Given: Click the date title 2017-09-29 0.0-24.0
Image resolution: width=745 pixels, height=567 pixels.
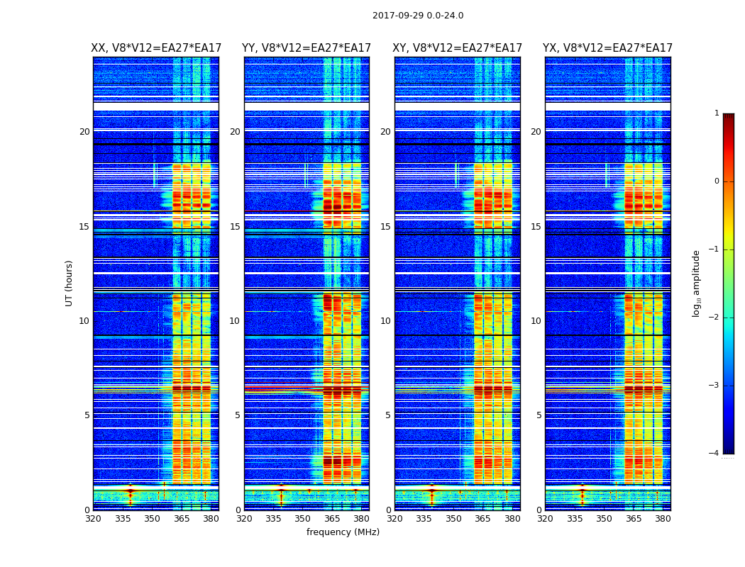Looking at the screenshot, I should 418,16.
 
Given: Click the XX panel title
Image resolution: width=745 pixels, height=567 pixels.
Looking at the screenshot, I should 155,48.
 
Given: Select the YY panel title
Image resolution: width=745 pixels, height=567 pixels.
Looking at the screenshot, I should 307,48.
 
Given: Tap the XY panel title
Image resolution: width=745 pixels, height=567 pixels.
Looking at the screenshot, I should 457,48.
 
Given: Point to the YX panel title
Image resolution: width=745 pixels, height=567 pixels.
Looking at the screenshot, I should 607,48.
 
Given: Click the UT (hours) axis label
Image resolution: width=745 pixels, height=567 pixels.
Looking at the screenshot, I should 70,283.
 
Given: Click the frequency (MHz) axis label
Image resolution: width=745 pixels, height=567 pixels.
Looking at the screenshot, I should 343,532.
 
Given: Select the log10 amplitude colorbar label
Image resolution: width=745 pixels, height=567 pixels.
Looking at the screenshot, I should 697,283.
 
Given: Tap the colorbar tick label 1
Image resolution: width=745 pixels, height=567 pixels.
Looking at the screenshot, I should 717,113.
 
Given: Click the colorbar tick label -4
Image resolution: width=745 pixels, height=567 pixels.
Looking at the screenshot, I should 714,454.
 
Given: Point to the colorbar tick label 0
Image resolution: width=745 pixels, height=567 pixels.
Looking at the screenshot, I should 717,181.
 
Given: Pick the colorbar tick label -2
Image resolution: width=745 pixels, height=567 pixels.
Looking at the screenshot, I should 714,318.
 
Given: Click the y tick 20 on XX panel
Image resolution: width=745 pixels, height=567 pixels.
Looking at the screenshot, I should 84,132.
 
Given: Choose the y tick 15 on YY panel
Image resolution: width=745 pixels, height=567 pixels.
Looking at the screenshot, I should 235,227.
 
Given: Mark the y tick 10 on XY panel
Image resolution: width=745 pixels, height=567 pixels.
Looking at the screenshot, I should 385,321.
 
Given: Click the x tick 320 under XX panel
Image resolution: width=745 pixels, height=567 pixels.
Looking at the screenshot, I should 93,519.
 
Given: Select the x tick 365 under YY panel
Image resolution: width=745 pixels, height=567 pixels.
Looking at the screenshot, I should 332,519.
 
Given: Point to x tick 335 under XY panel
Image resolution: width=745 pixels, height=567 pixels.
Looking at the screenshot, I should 424,519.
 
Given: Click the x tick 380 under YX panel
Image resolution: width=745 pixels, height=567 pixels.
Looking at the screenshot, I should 663,519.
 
